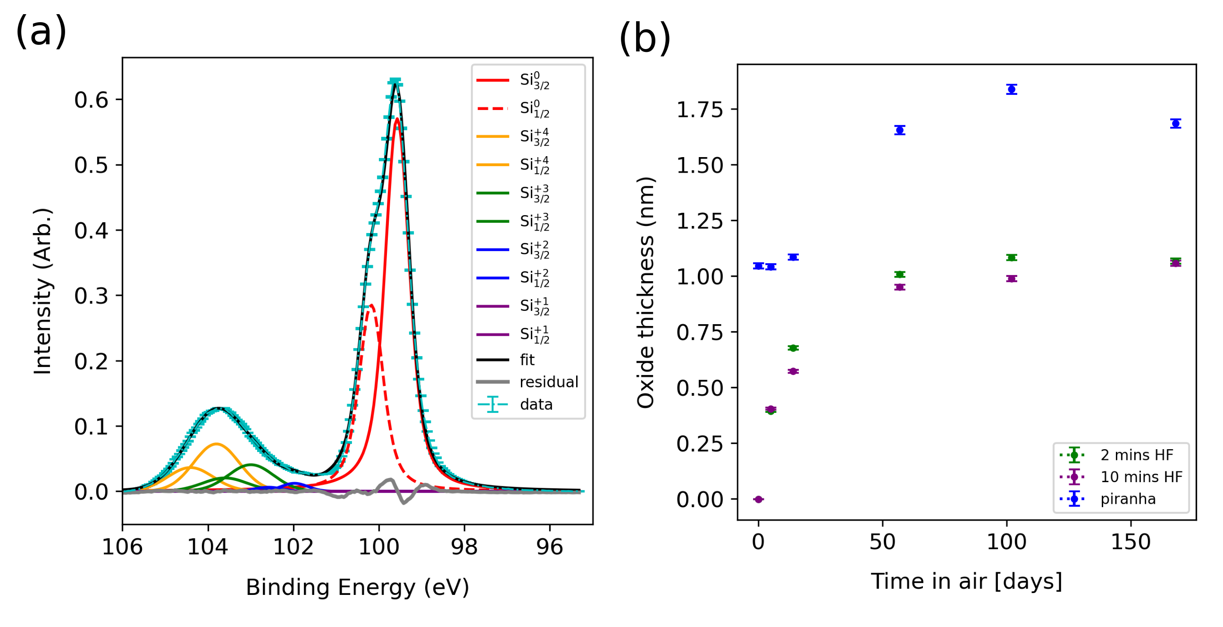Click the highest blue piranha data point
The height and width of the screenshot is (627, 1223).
pyautogui.click(x=1011, y=89)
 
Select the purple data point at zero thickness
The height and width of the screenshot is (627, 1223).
pyautogui.click(x=758, y=499)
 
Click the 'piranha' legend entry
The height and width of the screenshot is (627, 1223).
pyautogui.click(x=1128, y=499)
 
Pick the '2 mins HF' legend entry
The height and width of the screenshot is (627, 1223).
pyautogui.click(x=1136, y=455)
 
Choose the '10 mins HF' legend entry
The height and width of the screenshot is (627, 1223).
pyautogui.click(x=1141, y=477)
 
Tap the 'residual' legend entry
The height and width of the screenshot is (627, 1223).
pyautogui.click(x=548, y=382)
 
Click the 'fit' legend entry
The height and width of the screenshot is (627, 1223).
pyautogui.click(x=527, y=360)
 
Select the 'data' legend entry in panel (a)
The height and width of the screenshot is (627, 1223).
pyautogui.click(x=536, y=404)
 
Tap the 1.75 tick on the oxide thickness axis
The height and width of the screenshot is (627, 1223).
pyautogui.click(x=699, y=109)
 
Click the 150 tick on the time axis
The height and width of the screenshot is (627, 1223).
pyautogui.click(x=1131, y=542)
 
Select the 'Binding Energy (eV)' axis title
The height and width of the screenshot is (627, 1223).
pyautogui.click(x=357, y=587)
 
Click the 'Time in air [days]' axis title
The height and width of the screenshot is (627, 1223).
pyautogui.click(x=966, y=581)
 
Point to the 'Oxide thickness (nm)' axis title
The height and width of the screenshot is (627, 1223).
pyautogui.click(x=645, y=293)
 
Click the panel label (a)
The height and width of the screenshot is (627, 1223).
pyautogui.click(x=41, y=31)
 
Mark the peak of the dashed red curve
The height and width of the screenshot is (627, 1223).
pyautogui.click(x=371, y=305)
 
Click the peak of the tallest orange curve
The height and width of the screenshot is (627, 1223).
pyautogui.click(x=217, y=444)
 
